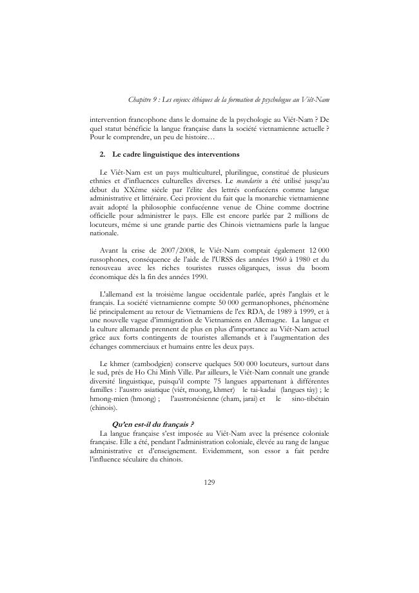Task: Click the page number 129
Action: (x=209, y=481)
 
